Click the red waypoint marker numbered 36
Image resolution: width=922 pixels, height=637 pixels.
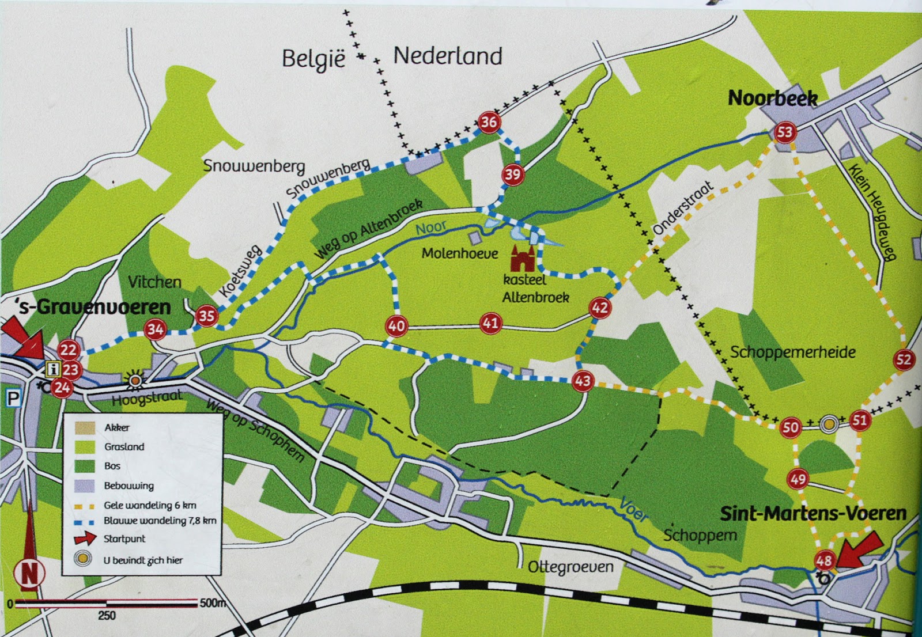pyautogui.click(x=489, y=122)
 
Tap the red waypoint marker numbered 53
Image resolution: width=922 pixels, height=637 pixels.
pyautogui.click(x=785, y=132)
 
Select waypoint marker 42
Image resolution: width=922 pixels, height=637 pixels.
pyautogui.click(x=600, y=308)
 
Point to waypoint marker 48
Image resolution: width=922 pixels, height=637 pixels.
pyautogui.click(x=824, y=560)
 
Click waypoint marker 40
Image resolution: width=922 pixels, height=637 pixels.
pyautogui.click(x=396, y=326)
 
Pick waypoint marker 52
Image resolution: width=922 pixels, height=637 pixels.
pyautogui.click(x=904, y=360)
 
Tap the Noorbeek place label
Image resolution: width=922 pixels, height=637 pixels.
pyautogui.click(x=772, y=98)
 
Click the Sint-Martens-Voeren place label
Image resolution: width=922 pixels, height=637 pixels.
pyautogui.click(x=813, y=513)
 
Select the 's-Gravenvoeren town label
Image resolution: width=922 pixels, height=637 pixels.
pyautogui.click(x=93, y=306)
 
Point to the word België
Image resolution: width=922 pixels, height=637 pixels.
pyautogui.click(x=313, y=59)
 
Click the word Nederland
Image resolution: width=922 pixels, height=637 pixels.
pyautogui.click(x=448, y=56)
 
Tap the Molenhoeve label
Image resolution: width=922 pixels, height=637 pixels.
pyautogui.click(x=459, y=253)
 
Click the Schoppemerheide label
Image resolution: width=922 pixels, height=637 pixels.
pyautogui.click(x=792, y=352)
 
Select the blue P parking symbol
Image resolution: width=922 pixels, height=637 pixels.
pyautogui.click(x=13, y=398)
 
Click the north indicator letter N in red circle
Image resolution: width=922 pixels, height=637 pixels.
pyautogui.click(x=29, y=573)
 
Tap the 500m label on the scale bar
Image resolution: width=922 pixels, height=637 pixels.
pyautogui.click(x=212, y=603)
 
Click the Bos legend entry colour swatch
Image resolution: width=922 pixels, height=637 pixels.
pyautogui.click(x=84, y=466)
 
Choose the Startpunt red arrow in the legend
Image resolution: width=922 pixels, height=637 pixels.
pyautogui.click(x=84, y=539)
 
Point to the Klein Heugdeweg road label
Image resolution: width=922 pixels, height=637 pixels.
pyautogui.click(x=873, y=211)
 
